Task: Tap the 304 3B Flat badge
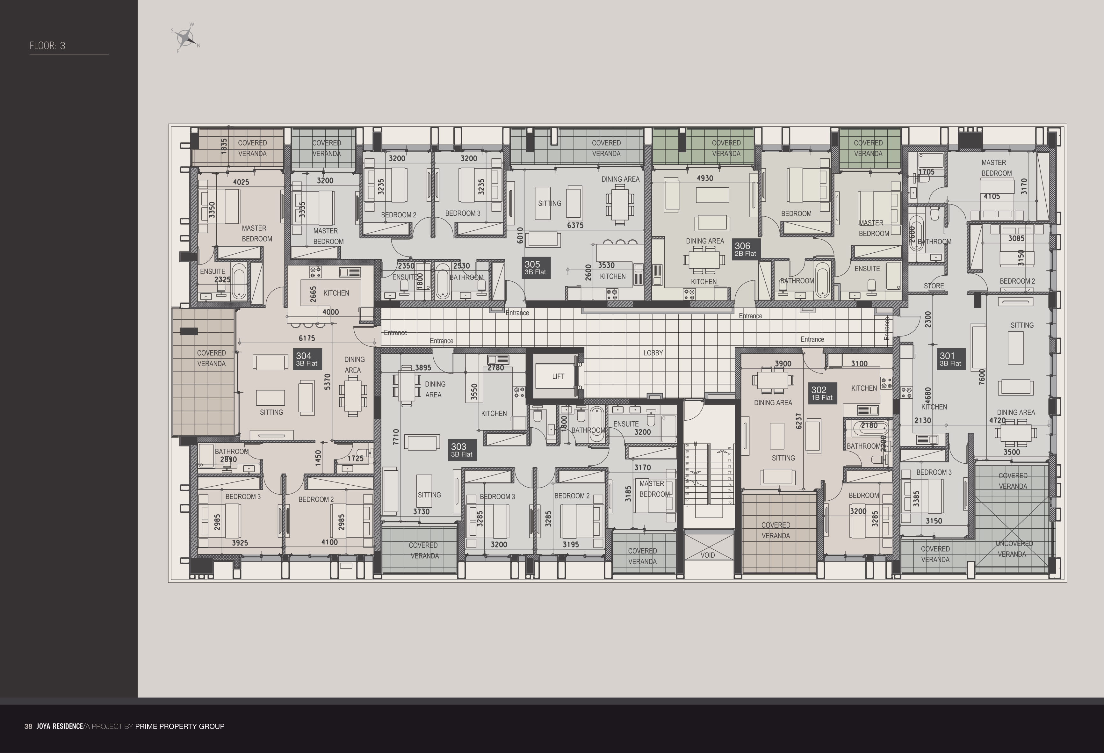pyautogui.click(x=307, y=359)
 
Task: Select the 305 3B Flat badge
pyautogui.click(x=535, y=268)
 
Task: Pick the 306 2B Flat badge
pyautogui.click(x=745, y=249)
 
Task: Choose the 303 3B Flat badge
pyautogui.click(x=462, y=450)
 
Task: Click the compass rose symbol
pyautogui.click(x=185, y=38)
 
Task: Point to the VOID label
pyautogui.click(x=707, y=555)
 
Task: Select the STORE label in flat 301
pyautogui.click(x=934, y=286)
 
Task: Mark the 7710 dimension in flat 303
pyautogui.click(x=396, y=437)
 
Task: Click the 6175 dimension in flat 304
pyautogui.click(x=307, y=338)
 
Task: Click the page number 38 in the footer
pyautogui.click(x=28, y=727)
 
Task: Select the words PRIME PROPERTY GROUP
pyautogui.click(x=180, y=727)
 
